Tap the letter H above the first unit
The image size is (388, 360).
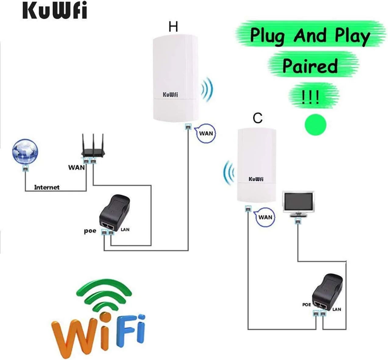(173, 27)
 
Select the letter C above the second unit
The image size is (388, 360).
(258, 118)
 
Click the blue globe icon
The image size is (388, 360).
(25, 152)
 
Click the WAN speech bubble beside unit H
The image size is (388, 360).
(206, 133)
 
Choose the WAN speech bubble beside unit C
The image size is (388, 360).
(265, 217)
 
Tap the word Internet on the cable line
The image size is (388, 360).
(47, 187)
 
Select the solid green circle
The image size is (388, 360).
(315, 125)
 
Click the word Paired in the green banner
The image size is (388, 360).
(310, 66)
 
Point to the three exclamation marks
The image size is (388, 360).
(311, 97)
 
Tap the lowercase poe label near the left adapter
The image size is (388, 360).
(90, 231)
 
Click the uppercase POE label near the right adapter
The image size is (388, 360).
(307, 304)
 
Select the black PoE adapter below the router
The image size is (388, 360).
(115, 213)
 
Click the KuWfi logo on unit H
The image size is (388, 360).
(170, 95)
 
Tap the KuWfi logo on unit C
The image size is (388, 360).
(256, 179)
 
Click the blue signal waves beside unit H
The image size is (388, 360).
(207, 89)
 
